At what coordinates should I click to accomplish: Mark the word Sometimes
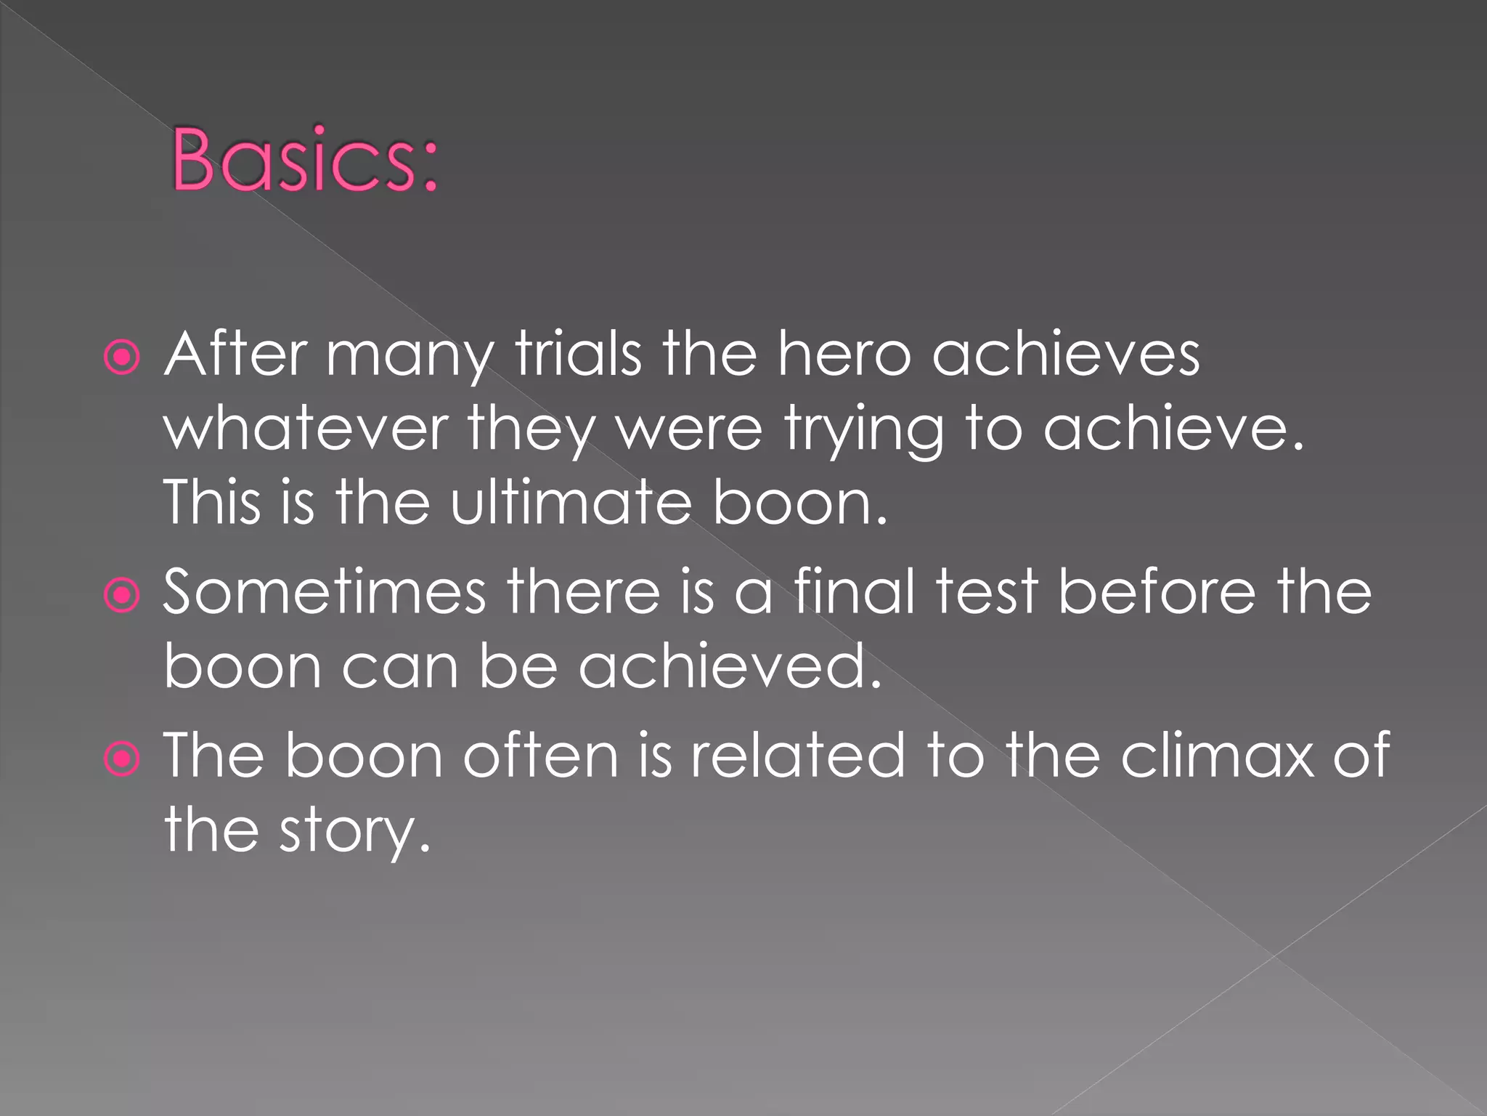tap(324, 592)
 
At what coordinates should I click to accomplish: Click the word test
tap(987, 592)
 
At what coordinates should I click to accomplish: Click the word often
tap(541, 756)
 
